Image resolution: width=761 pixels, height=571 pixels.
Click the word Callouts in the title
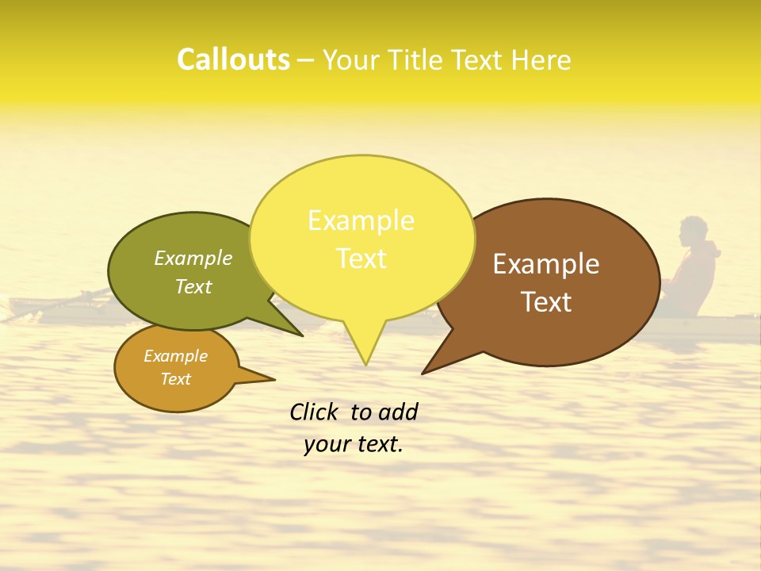[233, 59]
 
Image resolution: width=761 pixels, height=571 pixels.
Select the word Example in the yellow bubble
[361, 220]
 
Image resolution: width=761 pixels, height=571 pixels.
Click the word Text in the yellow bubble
[361, 259]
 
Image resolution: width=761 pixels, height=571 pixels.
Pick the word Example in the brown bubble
[546, 264]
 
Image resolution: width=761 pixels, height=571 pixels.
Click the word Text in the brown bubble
[546, 302]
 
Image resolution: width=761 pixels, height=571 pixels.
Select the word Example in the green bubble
[193, 258]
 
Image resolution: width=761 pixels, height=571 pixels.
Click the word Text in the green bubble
[193, 286]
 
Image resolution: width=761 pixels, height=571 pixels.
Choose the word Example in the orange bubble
[175, 356]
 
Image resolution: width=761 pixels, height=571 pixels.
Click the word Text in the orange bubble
[175, 379]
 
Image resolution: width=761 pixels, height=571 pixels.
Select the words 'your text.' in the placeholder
[354, 445]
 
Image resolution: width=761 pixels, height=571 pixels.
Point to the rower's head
[694, 231]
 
